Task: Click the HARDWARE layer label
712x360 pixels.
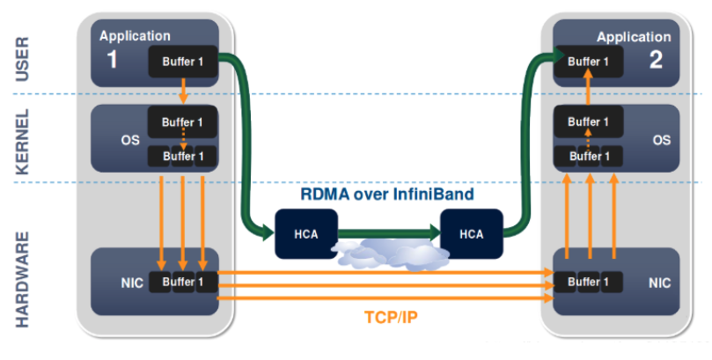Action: pos(23,279)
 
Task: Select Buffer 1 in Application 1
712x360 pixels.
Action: pos(183,62)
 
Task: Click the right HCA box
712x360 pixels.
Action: pos(472,233)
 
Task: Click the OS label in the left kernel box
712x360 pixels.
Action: pos(130,139)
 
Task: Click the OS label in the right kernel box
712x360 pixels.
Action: pos(660,139)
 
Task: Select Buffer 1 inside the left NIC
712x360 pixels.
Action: pos(183,283)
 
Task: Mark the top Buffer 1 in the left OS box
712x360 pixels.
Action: pos(183,121)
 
